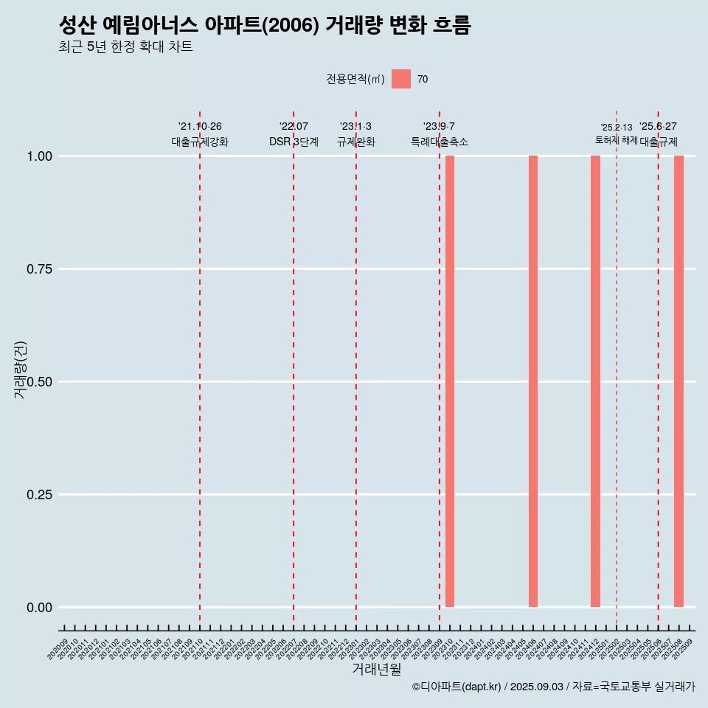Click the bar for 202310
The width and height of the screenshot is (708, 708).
[450, 381]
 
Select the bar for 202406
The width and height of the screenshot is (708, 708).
[533, 381]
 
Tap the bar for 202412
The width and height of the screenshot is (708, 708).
[595, 381]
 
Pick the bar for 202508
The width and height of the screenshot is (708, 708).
[678, 381]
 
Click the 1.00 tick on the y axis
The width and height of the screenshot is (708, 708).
[39, 156]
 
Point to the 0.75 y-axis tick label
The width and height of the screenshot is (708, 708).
[39, 269]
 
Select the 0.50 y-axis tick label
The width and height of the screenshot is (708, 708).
[39, 382]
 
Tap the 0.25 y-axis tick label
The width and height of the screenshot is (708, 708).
[39, 495]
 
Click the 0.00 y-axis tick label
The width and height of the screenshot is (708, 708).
[39, 608]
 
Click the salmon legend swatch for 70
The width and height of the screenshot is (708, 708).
[401, 79]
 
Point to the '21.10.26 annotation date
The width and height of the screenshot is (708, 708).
[200, 127]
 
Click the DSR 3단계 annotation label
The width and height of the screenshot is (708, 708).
[294, 142]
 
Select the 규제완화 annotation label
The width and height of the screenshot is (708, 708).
[356, 142]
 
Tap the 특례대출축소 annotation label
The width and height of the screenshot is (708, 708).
[440, 142]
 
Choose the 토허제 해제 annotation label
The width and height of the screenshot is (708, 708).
[617, 140]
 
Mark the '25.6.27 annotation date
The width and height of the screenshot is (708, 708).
[658, 127]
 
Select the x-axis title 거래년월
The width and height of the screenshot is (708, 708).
[376, 669]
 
